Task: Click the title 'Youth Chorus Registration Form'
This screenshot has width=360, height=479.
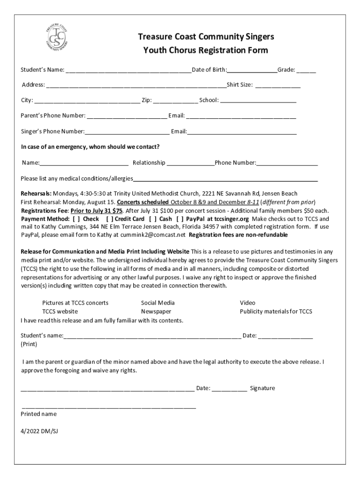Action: pos(206,50)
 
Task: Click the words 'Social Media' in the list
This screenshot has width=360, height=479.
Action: pos(158,303)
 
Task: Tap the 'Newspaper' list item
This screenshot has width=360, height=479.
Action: pos(156,311)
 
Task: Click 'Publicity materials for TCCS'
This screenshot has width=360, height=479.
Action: pos(276,311)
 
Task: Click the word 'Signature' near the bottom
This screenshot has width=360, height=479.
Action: pos(262,388)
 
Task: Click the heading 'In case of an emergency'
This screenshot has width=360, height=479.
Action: pos(90,147)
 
